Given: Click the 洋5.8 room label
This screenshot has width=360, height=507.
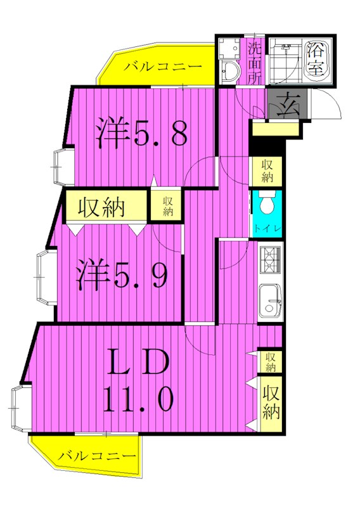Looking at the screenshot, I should click(x=141, y=132).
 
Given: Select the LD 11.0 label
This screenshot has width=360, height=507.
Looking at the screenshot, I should click(x=137, y=380).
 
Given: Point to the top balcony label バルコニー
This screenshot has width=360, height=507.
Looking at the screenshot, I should click(x=162, y=67).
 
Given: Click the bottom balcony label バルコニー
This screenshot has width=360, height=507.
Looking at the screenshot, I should click(x=96, y=456).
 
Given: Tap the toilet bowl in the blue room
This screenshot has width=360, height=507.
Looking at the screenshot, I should click(x=266, y=204).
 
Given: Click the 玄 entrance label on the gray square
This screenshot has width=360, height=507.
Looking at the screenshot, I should click(x=289, y=103).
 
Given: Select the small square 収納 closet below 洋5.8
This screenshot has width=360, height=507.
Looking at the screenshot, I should click(x=167, y=206).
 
